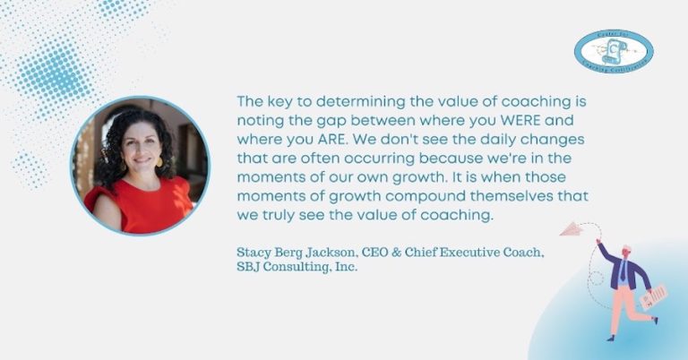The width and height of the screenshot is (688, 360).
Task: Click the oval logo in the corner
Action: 614,50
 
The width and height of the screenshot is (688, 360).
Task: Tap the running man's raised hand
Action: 601,244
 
